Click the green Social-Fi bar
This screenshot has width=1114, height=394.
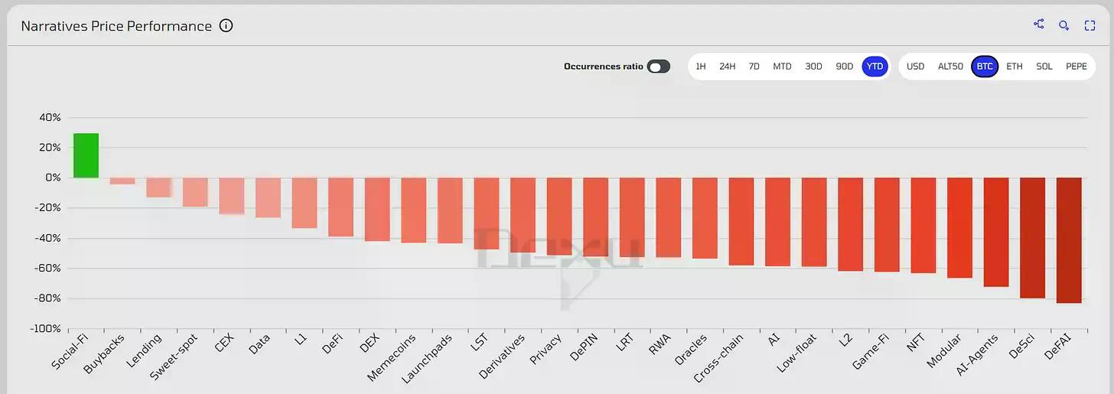86,155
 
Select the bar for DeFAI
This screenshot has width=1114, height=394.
1069,240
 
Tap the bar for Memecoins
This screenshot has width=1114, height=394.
413,210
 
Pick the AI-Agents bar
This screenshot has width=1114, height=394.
996,232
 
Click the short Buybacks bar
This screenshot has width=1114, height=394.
122,181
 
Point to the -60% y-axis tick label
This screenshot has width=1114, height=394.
46,268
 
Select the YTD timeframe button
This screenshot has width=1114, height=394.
875,67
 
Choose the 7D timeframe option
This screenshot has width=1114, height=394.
754,67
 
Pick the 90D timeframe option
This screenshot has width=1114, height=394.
844,67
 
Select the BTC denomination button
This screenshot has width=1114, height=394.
985,67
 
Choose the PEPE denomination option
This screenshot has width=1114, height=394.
1077,67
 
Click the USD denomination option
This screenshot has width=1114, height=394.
915,67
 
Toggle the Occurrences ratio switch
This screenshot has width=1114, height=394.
658,67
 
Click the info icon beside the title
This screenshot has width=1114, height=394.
226,25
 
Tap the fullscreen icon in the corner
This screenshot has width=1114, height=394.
1090,25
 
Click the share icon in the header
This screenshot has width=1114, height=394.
1039,24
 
